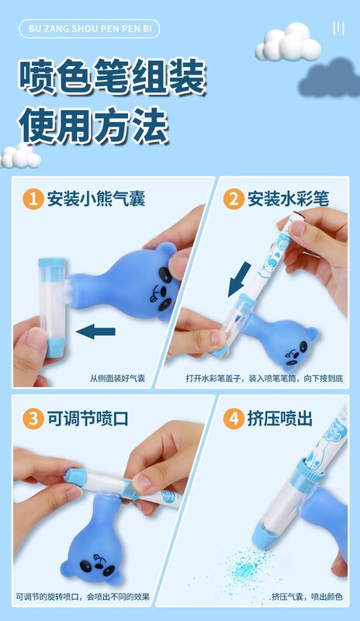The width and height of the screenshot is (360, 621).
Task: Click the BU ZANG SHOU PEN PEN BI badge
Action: click(89, 29)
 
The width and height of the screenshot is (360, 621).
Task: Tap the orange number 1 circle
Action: click(33, 199)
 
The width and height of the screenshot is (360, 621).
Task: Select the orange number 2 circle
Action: click(234, 199)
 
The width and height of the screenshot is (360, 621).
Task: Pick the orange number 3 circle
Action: click(33, 418)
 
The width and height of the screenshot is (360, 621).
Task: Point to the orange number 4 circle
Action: click(234, 418)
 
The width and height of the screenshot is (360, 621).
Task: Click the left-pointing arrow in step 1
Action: click(95, 331)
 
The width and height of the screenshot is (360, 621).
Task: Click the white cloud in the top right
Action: click(288, 42)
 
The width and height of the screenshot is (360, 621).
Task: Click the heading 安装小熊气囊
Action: click(96, 199)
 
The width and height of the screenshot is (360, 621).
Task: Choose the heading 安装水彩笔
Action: click(289, 199)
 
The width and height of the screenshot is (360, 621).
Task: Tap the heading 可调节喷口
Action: click(88, 418)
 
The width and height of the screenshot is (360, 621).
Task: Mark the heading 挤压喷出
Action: click(280, 418)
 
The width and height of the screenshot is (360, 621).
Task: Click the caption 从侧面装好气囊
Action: click(117, 378)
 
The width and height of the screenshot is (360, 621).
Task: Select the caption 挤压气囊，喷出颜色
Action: click(307, 596)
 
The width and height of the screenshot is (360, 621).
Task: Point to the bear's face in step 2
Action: click(295, 355)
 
